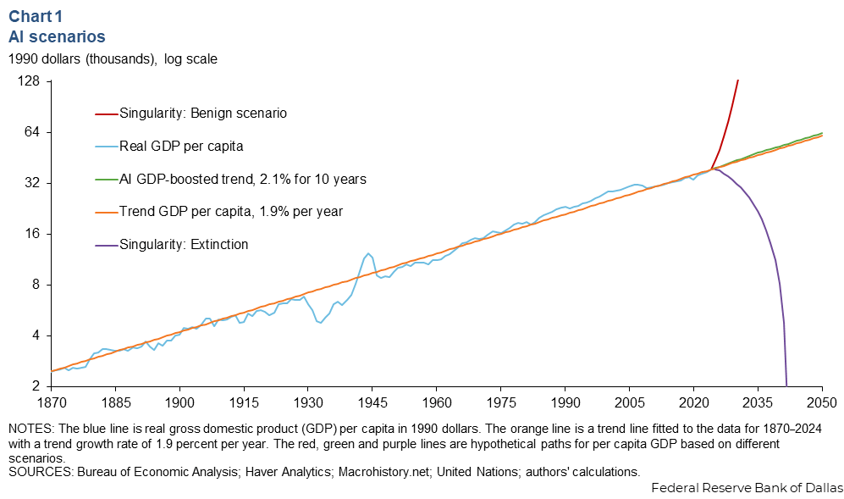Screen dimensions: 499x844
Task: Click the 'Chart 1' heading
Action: pos(37,16)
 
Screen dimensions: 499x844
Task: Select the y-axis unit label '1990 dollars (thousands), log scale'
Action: pos(113,59)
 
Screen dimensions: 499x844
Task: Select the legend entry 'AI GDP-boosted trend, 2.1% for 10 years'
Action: pos(242,180)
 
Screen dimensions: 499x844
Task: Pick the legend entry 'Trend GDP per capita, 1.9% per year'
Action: pos(230,212)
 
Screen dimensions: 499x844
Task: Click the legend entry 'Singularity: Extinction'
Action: pos(184,245)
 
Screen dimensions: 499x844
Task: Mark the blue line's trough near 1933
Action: pos(320,323)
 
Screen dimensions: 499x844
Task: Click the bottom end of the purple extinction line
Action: pos(786,385)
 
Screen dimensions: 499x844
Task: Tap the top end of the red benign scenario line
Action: pos(738,81)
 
